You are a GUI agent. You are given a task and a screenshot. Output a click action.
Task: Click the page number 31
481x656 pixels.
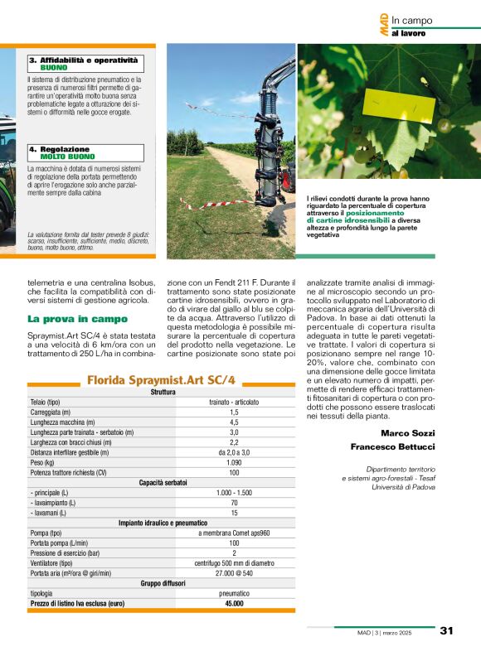click(x=446, y=631)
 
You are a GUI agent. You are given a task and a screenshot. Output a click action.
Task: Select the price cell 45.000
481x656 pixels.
click(x=234, y=604)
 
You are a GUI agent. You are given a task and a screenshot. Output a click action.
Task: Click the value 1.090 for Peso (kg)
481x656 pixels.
click(x=234, y=462)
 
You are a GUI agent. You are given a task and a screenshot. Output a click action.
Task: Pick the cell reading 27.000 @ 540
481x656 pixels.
click(x=234, y=572)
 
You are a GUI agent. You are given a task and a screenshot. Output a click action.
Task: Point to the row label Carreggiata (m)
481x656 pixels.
click(x=50, y=412)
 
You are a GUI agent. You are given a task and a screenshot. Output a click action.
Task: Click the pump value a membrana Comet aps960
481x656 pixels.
click(x=234, y=533)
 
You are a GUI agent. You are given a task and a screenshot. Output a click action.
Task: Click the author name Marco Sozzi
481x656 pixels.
click(x=407, y=433)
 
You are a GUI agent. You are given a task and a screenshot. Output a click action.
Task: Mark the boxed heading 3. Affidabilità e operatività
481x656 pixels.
click(x=83, y=60)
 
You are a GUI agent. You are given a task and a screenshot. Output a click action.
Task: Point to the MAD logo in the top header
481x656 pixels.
click(x=384, y=25)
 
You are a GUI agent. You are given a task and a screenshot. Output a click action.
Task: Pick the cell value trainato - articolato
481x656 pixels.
click(x=234, y=402)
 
